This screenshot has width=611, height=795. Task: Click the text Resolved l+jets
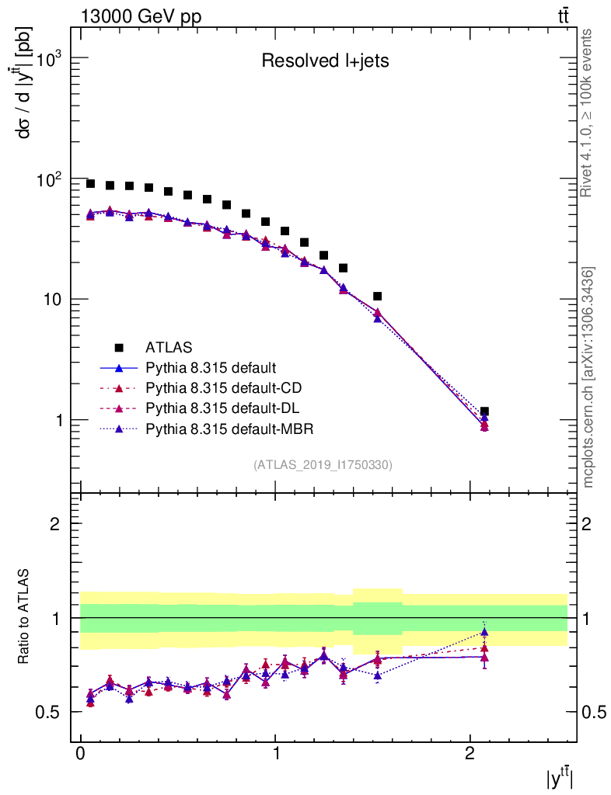[324, 61]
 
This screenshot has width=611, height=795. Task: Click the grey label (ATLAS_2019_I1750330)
[323, 465]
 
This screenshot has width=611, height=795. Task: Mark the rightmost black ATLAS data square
[484, 411]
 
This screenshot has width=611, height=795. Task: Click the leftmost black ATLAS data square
[90, 184]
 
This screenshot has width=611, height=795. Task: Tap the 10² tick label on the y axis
[48, 180]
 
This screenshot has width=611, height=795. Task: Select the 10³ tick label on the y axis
[48, 60]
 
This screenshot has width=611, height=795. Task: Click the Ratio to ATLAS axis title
[25, 618]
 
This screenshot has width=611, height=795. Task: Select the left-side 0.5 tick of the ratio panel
[50, 712]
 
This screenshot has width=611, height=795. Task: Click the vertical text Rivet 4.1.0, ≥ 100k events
[588, 113]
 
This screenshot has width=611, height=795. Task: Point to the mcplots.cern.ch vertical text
[588, 377]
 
